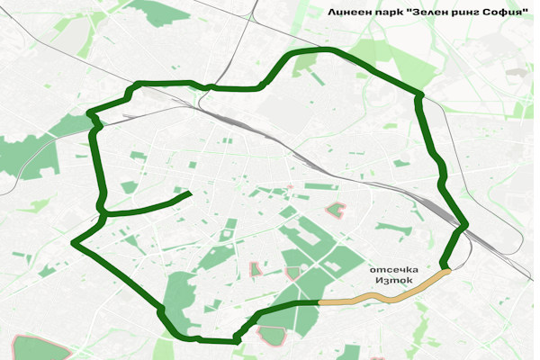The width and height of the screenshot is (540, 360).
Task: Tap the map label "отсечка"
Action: click(391, 269)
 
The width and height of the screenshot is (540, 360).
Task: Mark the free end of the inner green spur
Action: click(189, 193)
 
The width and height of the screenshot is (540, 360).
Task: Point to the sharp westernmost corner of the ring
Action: click(73, 243)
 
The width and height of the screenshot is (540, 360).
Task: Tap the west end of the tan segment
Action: click(320, 302)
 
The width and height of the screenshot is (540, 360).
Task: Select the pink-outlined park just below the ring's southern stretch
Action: click(272, 335)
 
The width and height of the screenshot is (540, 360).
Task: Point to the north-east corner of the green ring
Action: click(418, 94)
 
